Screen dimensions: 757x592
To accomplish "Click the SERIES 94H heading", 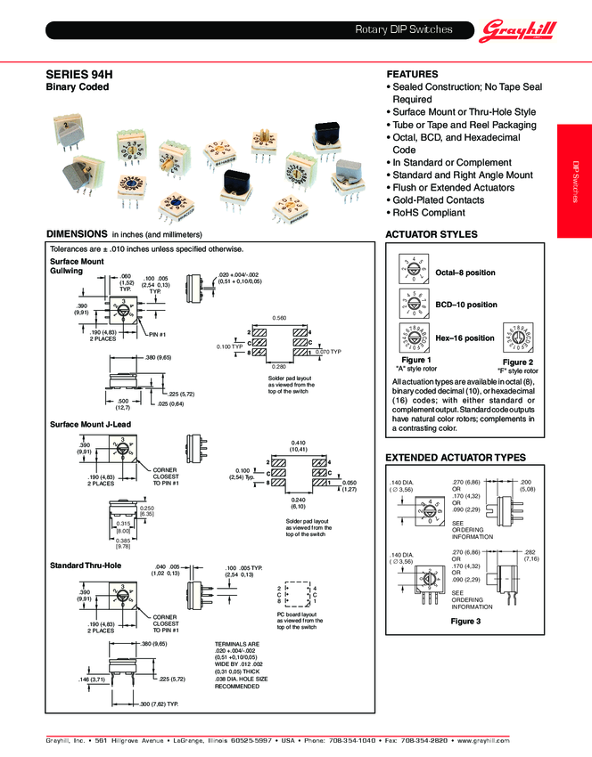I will pyautogui.click(x=78, y=76).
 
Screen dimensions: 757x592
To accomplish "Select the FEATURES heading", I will pyautogui.click(x=411, y=74).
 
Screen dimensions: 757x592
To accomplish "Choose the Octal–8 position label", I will pyautogui.click(x=465, y=273).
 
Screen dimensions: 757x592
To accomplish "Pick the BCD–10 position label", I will pyautogui.click(x=465, y=305).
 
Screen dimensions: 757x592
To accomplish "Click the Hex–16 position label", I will pyautogui.click(x=465, y=338).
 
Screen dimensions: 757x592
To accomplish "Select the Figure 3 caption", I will pyautogui.click(x=465, y=621).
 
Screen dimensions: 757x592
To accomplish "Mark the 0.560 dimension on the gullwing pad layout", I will pyautogui.click(x=280, y=319).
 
